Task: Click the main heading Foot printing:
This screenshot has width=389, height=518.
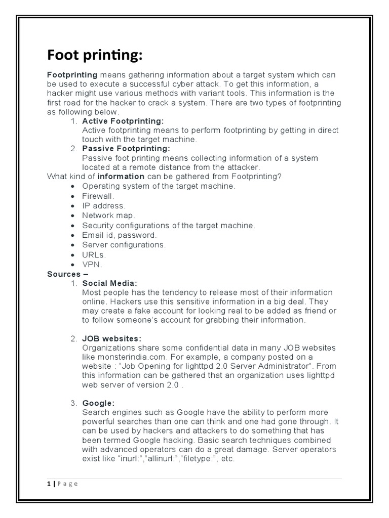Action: pyautogui.click(x=94, y=55)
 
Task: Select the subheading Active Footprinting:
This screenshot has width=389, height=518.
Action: pyautogui.click(x=123, y=121)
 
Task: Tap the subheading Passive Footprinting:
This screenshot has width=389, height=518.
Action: pyautogui.click(x=126, y=149)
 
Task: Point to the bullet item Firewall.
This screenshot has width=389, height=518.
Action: pyautogui.click(x=98, y=196)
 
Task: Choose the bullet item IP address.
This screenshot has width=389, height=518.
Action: pyautogui.click(x=103, y=205)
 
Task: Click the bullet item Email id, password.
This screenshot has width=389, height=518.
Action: pyautogui.click(x=120, y=235)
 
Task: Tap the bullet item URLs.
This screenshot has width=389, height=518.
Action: pyautogui.click(x=94, y=254)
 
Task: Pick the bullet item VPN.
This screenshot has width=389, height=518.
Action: pyautogui.click(x=92, y=264)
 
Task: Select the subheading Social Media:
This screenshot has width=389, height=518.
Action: pyautogui.click(x=110, y=283)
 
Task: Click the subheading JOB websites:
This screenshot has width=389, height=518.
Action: pyautogui.click(x=112, y=338)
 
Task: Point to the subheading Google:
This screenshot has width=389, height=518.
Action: pyautogui.click(x=98, y=403)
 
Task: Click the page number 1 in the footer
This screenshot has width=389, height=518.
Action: pyautogui.click(x=49, y=484)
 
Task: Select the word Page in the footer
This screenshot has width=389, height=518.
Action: pyautogui.click(x=67, y=484)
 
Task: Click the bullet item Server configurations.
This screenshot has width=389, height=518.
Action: pyautogui.click(x=124, y=245)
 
